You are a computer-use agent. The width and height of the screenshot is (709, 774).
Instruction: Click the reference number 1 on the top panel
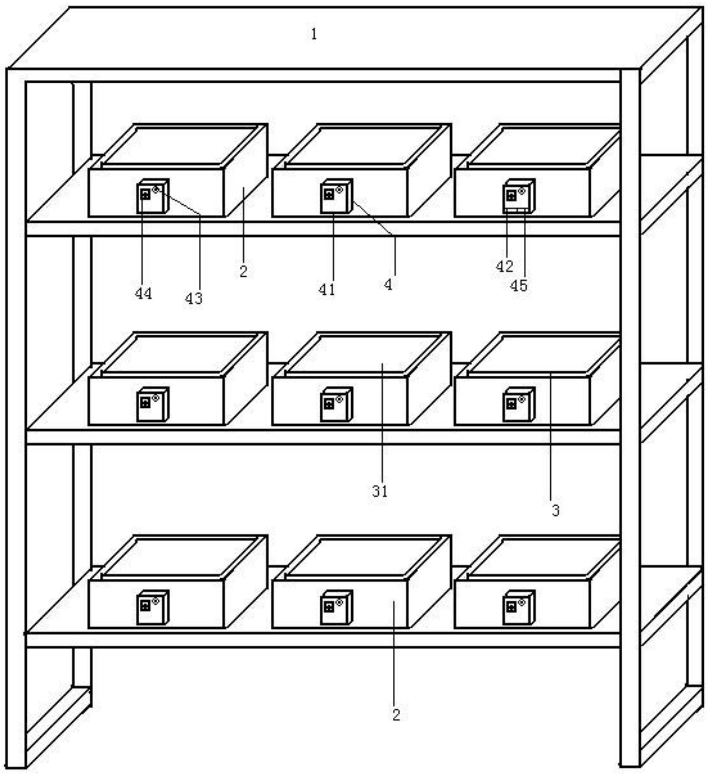tap(314, 34)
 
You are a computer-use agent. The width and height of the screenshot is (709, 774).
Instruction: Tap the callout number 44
tap(143, 293)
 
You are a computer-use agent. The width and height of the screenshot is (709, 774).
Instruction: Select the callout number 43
tap(193, 298)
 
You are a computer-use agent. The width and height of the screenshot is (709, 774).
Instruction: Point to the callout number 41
tap(327, 290)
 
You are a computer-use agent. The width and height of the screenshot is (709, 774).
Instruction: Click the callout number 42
tap(504, 266)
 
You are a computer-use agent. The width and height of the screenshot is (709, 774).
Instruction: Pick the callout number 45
tap(518, 285)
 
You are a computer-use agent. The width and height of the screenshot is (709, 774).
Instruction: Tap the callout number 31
tap(380, 491)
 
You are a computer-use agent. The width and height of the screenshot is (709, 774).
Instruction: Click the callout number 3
tap(555, 511)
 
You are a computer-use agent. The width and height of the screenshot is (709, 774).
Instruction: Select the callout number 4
tap(388, 284)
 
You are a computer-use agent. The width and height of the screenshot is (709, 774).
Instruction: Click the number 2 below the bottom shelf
tap(396, 715)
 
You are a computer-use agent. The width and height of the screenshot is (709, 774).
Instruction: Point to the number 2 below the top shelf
tap(243, 271)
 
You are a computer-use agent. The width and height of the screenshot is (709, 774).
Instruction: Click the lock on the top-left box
tap(153, 196)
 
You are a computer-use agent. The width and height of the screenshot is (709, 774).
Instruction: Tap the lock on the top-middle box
tap(336, 196)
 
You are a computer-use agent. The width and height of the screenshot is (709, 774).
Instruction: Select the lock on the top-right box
tap(519, 196)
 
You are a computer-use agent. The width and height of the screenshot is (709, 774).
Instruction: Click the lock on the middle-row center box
tap(336, 404)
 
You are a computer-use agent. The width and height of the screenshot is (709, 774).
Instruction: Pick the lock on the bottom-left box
tap(153, 607)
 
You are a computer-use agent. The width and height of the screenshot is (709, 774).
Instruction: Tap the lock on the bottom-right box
tap(519, 607)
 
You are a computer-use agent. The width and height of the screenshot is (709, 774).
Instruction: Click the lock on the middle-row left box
tap(153, 404)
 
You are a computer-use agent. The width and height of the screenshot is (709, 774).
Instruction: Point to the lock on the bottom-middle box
tap(336, 607)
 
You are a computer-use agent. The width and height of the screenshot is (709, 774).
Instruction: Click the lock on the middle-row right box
tap(519, 404)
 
